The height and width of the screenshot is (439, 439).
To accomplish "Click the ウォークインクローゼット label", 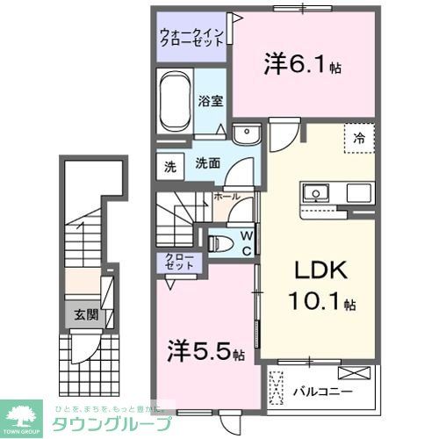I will tap(191, 40).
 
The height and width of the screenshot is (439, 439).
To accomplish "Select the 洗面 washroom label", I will tap(207, 162).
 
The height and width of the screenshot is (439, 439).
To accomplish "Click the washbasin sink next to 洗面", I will tap(248, 133).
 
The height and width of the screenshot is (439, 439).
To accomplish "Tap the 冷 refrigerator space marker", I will tap(359, 138).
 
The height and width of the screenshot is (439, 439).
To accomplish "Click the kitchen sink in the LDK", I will tap(313, 192).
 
